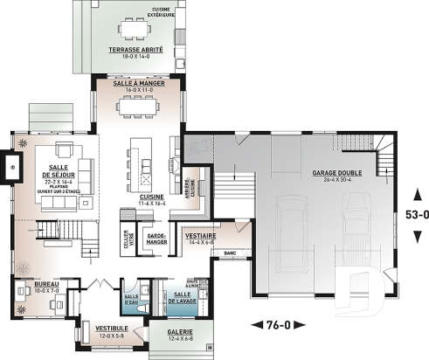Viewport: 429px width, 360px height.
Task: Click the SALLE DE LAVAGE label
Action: click(x=183, y=296)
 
